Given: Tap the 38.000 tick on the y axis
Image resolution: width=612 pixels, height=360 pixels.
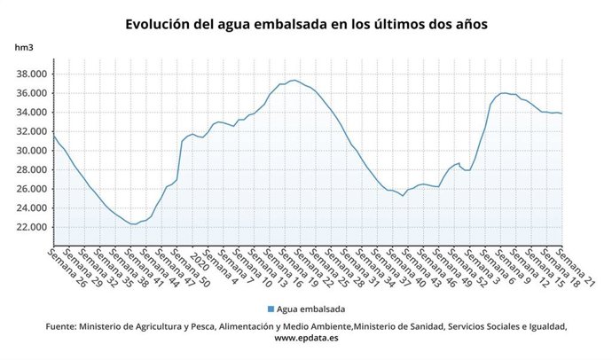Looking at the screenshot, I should pos(31,74).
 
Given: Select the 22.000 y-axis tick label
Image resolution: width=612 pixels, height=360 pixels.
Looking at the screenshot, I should pos(31,227).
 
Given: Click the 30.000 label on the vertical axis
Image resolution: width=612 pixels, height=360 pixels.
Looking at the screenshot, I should pos(31,151).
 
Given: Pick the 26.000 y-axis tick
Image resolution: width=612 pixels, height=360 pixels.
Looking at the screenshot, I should pos(31,189).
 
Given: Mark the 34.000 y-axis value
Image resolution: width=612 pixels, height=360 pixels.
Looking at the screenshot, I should pos(31,113).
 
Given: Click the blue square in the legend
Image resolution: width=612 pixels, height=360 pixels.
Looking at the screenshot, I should pos(270,309).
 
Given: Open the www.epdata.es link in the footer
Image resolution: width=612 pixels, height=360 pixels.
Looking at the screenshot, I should pos(305,338).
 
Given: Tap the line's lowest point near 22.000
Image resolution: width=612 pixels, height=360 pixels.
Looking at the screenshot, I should pos(133,224).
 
